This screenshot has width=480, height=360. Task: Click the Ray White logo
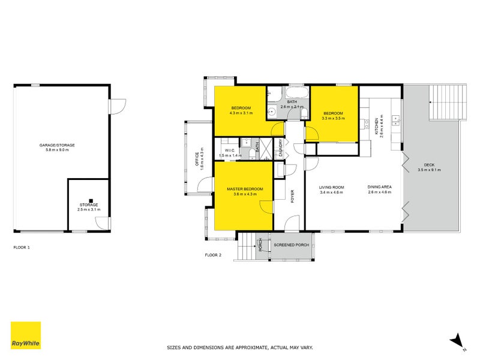point(26,335)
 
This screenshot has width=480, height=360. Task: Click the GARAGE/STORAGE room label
point(57,145)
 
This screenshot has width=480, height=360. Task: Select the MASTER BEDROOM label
point(245,189)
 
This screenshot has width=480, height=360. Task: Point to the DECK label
point(429,164)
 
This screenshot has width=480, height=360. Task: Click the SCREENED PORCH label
point(292,245)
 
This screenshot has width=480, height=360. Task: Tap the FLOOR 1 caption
point(22,247)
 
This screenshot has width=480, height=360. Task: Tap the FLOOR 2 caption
point(213,254)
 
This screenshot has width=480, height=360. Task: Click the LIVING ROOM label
point(332,187)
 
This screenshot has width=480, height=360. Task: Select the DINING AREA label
point(380,187)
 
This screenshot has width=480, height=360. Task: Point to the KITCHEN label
point(377,126)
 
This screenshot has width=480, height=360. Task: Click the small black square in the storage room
point(91,201)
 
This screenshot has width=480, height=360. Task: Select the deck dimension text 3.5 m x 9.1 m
point(429,170)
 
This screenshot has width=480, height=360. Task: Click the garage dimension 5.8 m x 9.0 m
point(57,150)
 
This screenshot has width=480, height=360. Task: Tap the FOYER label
point(292,196)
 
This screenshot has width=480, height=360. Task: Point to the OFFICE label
point(197,159)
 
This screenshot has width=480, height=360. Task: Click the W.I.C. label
point(230,151)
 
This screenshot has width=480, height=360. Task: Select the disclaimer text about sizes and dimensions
point(240,347)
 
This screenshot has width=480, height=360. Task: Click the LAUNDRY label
point(280,148)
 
